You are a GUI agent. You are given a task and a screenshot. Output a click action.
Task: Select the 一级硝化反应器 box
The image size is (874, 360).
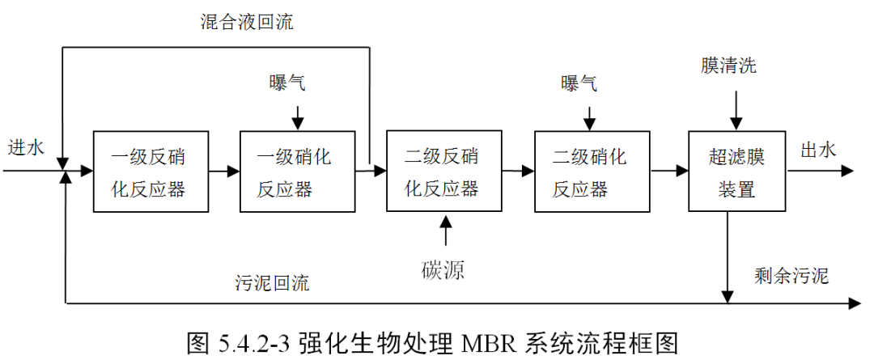pyautogui.click(x=296, y=172)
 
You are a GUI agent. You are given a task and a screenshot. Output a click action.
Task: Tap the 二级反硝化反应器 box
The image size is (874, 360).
pyautogui.click(x=443, y=172)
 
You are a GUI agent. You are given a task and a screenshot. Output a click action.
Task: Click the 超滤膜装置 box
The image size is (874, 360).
pyautogui.click(x=736, y=172)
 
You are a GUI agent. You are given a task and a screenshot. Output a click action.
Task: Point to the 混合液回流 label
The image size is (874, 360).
pyautogui.click(x=247, y=23)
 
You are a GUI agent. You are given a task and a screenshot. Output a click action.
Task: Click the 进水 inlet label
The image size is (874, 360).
pyautogui.click(x=25, y=148)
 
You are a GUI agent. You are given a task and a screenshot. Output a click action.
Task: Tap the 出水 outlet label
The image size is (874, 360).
pyautogui.click(x=818, y=150)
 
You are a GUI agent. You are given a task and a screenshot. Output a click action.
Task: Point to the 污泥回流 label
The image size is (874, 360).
pyautogui.click(x=272, y=283)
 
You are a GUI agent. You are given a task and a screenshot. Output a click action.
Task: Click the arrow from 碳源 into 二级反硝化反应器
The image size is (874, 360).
pyautogui.click(x=443, y=231)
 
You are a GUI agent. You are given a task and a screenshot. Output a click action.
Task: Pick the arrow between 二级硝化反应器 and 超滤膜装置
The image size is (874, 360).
pyautogui.click(x=668, y=172)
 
